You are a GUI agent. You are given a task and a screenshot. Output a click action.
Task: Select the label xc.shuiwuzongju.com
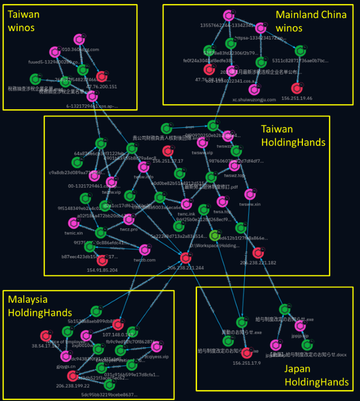(254, 100)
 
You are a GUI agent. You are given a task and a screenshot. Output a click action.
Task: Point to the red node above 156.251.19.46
(296, 88)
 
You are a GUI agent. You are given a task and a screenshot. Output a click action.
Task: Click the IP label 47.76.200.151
(102, 86)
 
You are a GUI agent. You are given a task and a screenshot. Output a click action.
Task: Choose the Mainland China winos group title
(311, 21)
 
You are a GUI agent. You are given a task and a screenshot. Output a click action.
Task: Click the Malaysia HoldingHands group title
(40, 306)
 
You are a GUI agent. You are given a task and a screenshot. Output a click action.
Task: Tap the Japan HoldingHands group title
(316, 375)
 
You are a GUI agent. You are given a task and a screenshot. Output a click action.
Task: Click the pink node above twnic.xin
(73, 223)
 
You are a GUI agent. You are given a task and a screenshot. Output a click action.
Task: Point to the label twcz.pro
(128, 229)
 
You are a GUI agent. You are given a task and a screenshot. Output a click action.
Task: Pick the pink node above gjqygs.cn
(65, 356)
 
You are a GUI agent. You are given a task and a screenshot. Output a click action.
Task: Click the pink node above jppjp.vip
(300, 326)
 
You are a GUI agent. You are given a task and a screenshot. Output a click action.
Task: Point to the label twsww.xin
(250, 204)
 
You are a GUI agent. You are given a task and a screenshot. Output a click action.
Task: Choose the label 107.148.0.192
(119, 335)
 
